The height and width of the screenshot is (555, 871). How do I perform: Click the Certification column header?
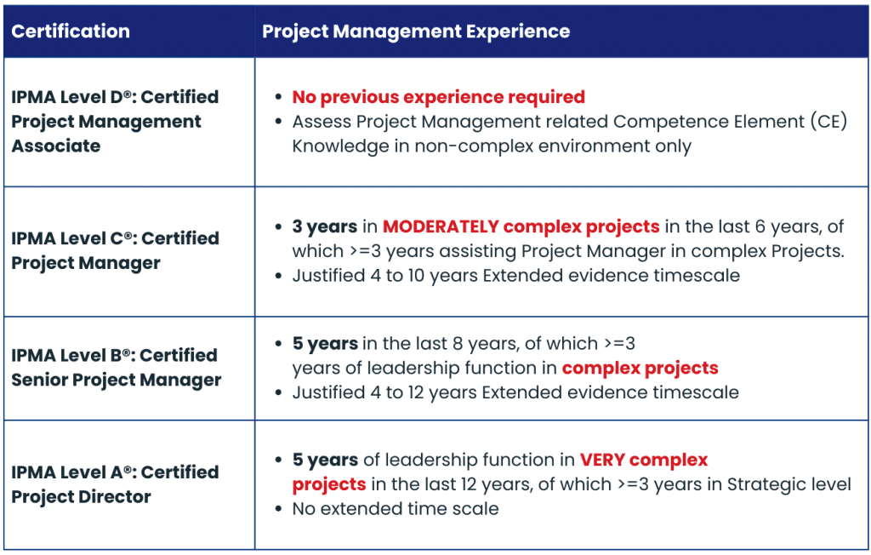coord(71,31)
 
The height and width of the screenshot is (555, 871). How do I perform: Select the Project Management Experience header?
coord(416,31)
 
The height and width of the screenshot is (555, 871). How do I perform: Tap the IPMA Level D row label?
coord(115,121)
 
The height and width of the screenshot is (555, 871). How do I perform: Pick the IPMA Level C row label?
coord(115,250)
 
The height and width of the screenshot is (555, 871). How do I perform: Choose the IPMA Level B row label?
coord(116,368)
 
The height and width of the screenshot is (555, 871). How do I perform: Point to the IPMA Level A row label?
coord(115,484)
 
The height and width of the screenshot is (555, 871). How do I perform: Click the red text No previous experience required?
coord(439,97)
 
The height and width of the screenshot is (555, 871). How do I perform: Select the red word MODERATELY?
coord(441,226)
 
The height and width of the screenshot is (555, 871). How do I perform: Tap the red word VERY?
coord(601,460)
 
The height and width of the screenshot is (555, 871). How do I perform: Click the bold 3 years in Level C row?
coord(324,227)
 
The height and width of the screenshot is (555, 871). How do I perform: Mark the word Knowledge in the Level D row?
coord(340,146)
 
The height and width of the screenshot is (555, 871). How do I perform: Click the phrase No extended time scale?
coord(396,509)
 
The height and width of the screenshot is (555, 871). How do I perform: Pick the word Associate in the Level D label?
coord(56,146)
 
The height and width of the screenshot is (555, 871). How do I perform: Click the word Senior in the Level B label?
coord(39,380)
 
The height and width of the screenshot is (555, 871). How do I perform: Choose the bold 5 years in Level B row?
coord(325,344)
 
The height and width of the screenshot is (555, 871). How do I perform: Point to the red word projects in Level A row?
coord(329,485)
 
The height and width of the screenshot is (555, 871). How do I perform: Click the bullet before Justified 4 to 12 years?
coord(278,393)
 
